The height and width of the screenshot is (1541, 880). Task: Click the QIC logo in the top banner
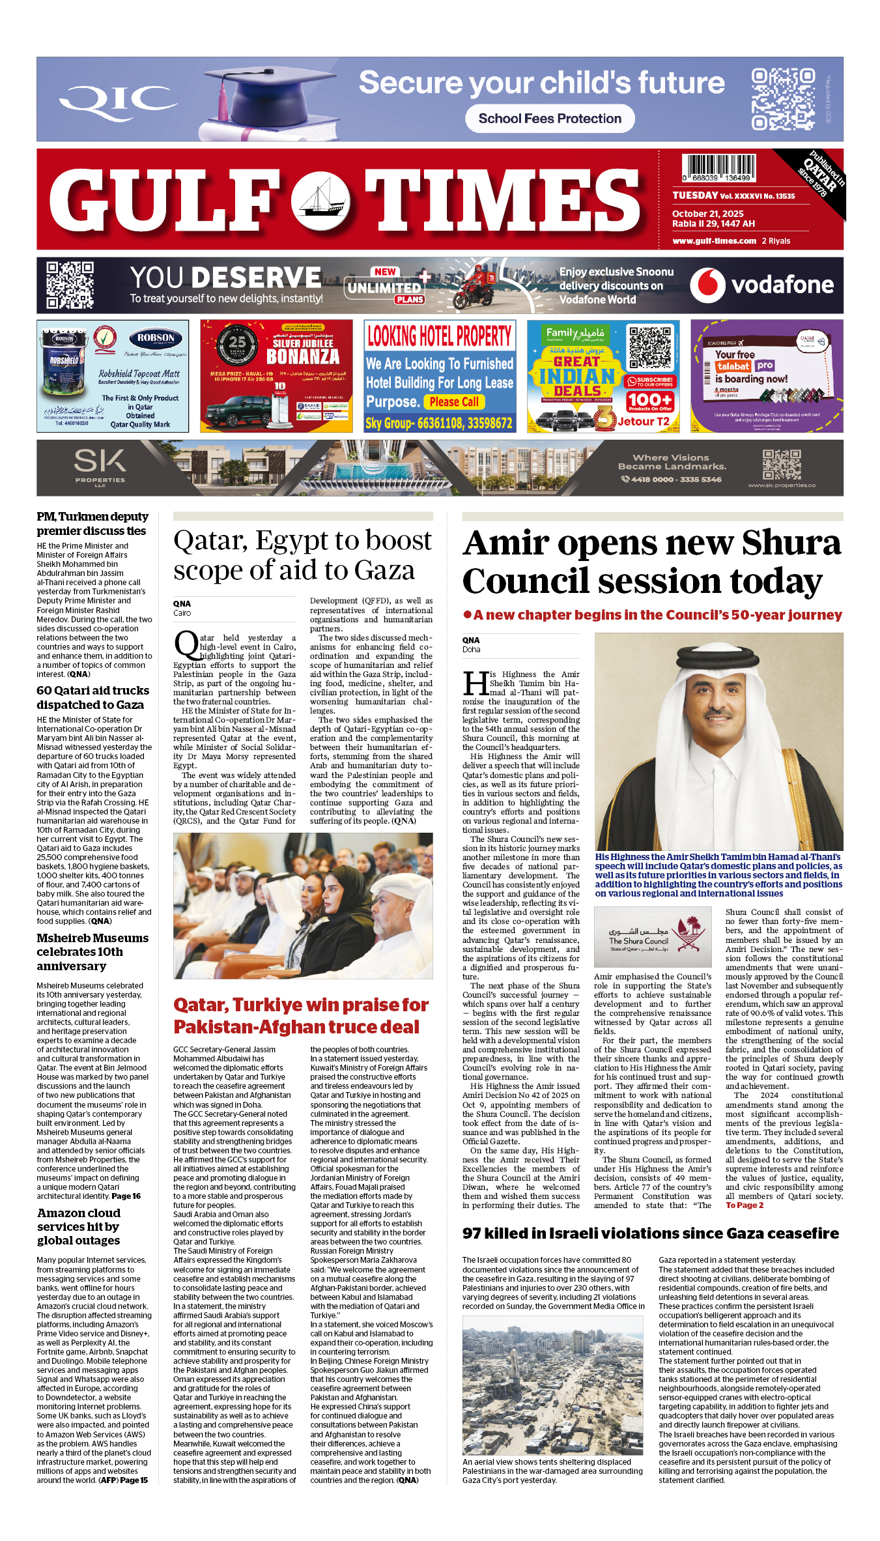(118, 100)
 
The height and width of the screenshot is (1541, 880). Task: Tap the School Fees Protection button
(550, 119)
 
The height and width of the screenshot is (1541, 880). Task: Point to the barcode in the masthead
(719, 167)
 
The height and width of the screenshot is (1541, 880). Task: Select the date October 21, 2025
(708, 214)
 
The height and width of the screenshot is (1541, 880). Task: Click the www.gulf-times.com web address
(715, 240)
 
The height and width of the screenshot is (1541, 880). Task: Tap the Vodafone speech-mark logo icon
(707, 285)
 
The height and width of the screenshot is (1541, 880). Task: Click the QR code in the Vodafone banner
(70, 285)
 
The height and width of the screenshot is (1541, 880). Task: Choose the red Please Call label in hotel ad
(454, 402)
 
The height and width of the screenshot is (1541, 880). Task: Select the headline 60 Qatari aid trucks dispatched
(92, 697)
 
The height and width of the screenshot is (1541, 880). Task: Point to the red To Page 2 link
(745, 1205)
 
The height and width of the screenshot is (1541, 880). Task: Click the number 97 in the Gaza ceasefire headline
(473, 1233)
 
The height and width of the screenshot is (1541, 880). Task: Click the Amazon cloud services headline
(79, 1226)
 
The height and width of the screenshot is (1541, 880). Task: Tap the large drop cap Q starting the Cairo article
(186, 644)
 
